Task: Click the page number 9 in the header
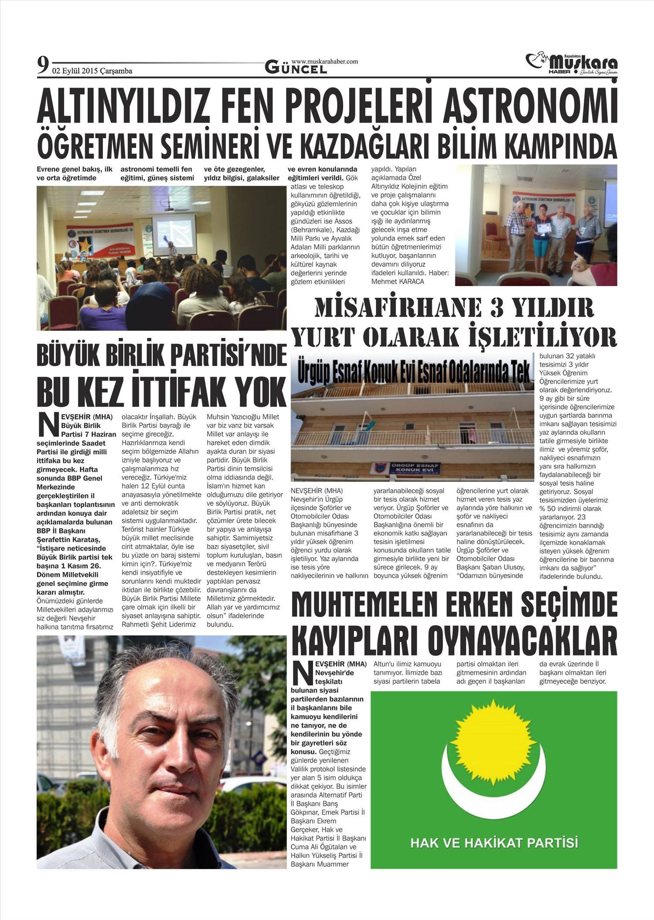click(43, 66)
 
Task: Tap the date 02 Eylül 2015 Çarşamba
click(92, 71)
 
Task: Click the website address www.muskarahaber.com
click(324, 61)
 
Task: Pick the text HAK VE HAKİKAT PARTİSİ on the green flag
click(494, 842)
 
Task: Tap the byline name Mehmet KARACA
click(398, 282)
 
